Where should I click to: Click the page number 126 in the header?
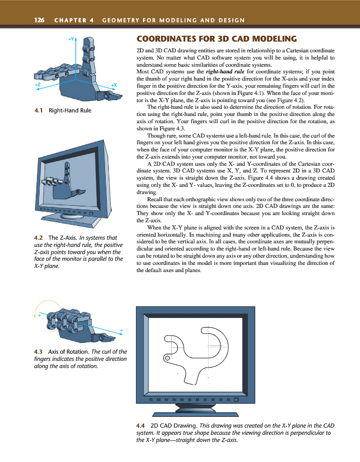39,20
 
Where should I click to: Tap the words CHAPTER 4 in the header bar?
71,20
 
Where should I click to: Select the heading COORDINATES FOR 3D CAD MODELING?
216,38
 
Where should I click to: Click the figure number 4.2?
37,238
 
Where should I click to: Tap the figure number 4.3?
38,351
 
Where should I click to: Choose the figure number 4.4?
139,426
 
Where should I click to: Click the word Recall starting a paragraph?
156,198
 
